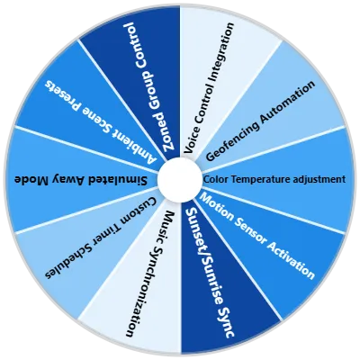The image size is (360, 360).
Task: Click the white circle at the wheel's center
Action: point(180,180)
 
